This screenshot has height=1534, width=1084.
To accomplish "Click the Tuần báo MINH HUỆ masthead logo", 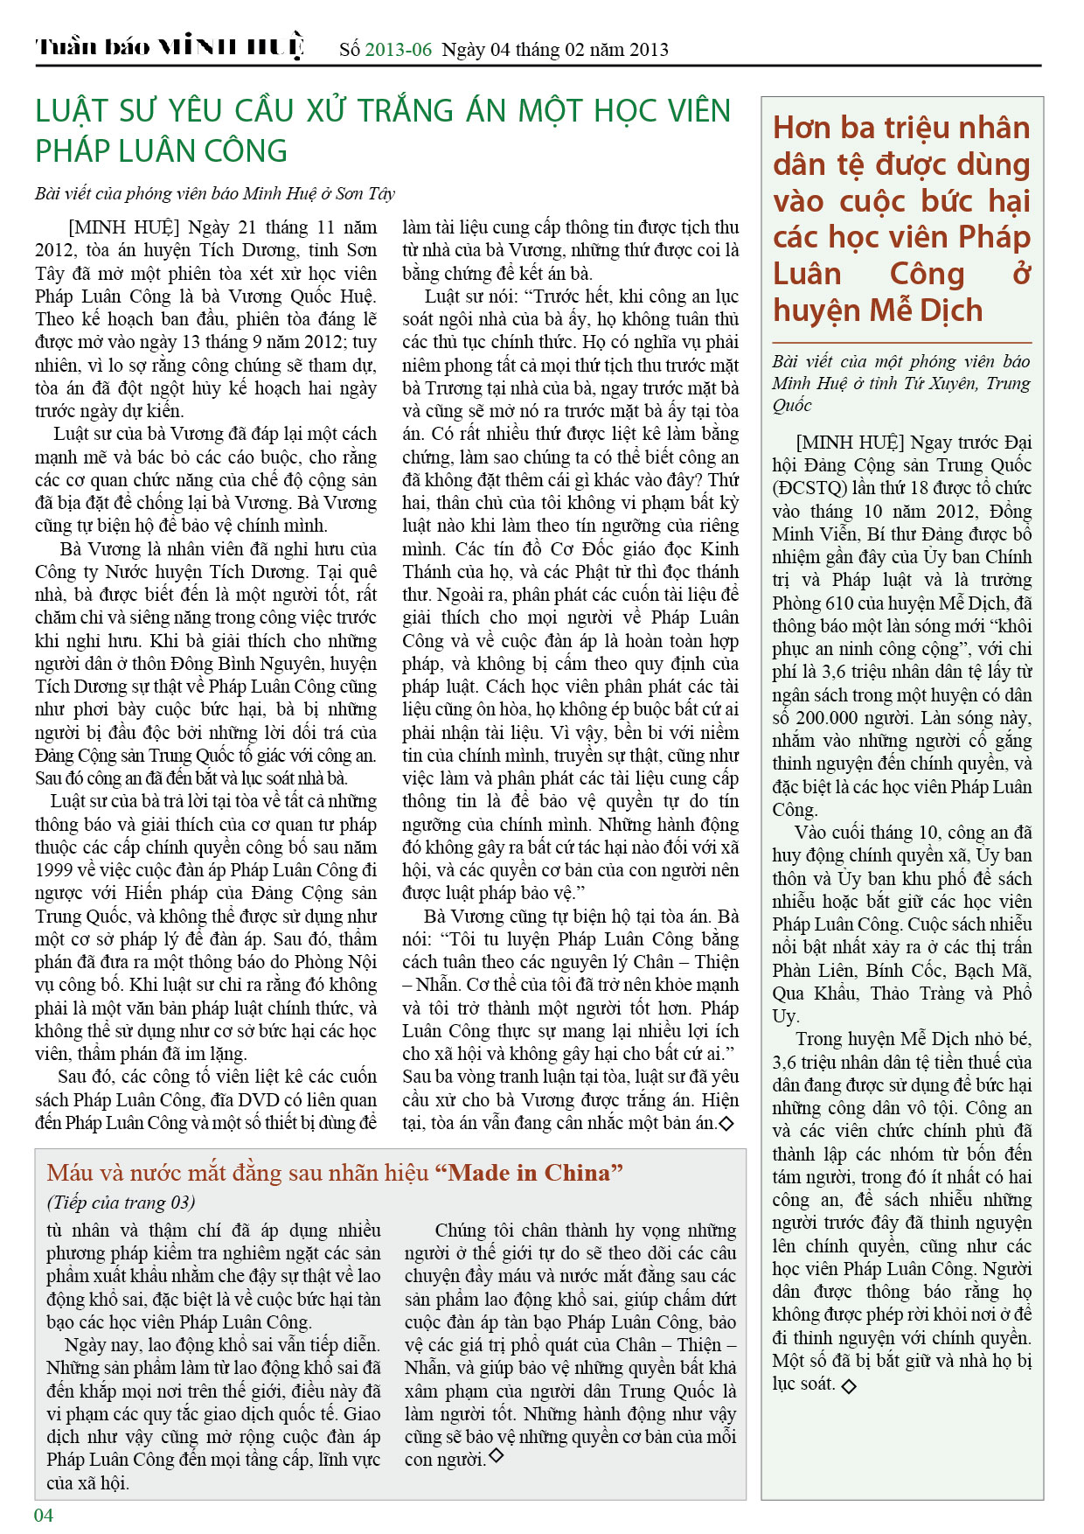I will (170, 46).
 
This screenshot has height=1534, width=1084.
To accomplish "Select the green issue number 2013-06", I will (398, 49).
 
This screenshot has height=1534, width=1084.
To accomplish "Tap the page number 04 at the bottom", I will (44, 1515).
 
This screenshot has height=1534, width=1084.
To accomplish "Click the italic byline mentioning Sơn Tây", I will (215, 193).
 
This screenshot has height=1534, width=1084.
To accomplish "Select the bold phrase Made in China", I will (534, 1173).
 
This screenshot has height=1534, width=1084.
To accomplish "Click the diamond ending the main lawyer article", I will (726, 1123).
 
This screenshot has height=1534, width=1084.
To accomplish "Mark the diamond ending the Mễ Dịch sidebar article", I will (848, 1385).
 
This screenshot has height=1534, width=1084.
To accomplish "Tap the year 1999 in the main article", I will (53, 870).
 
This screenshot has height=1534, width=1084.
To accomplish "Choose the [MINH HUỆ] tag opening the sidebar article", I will (848, 443).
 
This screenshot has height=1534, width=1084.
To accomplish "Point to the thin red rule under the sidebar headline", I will (901, 342).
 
